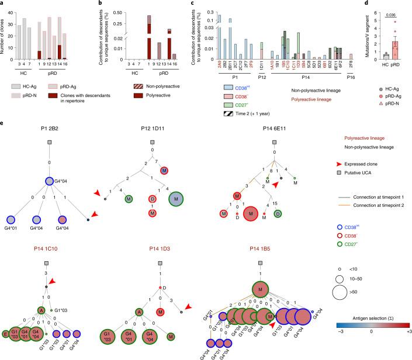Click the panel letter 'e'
click(x=4, y=126)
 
